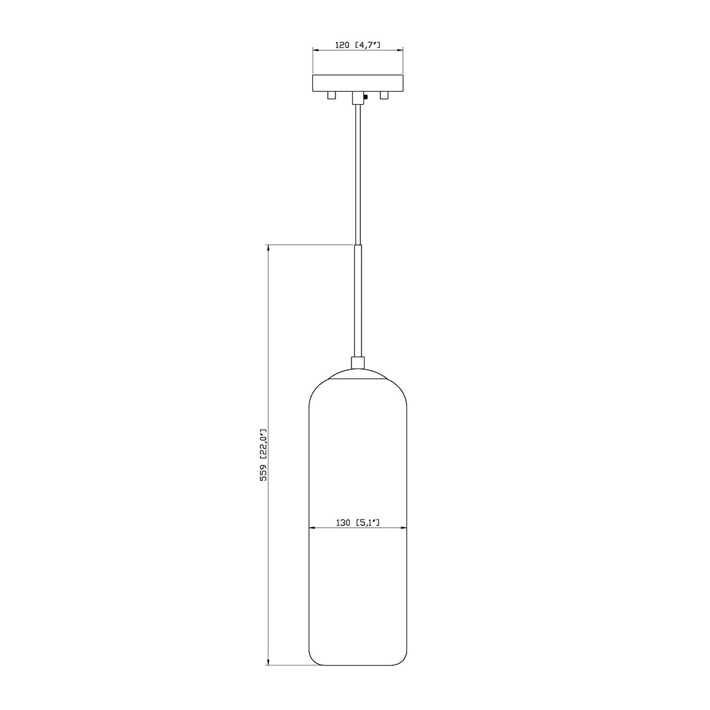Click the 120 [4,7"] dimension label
(x=357, y=45)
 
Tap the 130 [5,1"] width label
(x=357, y=522)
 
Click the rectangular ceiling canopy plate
(x=357, y=83)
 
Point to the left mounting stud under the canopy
(x=331, y=95)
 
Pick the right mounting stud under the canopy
(x=385, y=95)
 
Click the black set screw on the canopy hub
(x=365, y=97)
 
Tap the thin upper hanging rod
(x=357, y=173)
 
